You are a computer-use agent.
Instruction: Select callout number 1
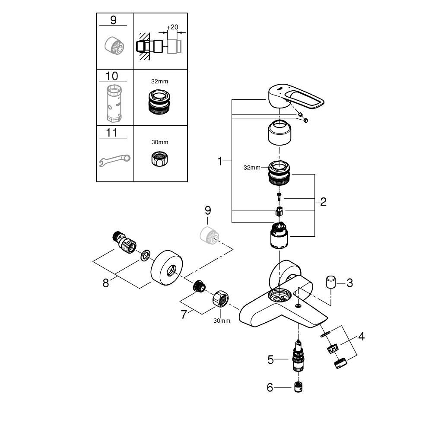[x=220, y=161]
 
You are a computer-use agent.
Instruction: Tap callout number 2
[x=323, y=201]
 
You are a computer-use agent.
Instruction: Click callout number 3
[x=349, y=283]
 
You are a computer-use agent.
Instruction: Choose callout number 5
[x=270, y=359]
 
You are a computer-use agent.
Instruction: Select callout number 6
[x=270, y=388]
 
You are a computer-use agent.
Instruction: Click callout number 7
[x=184, y=314]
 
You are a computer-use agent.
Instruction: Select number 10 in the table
[x=111, y=76]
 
